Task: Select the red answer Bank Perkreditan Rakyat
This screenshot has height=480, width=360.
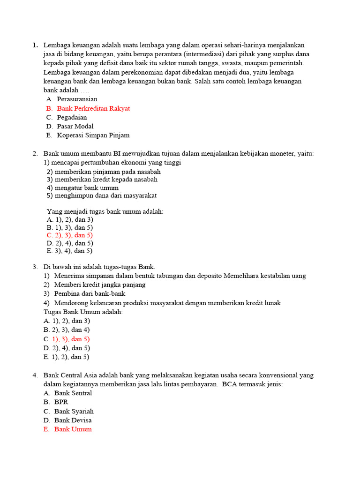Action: pos(93,108)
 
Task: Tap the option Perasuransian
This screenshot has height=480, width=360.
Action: pos(77,99)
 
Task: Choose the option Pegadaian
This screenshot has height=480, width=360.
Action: pos(72,117)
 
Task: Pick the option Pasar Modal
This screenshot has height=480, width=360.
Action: pos(75,126)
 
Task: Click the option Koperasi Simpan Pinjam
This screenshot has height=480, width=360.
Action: pos(93,135)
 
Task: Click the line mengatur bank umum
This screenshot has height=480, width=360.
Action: pos(82,187)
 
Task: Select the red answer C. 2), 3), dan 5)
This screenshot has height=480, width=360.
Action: pos(70,235)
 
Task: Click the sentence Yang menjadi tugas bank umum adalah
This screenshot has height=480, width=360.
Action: pos(105,211)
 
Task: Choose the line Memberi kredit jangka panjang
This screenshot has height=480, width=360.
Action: pos(100,285)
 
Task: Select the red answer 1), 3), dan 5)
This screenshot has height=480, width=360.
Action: pos(71,338)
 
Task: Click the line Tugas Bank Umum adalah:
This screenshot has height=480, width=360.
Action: pos(83,312)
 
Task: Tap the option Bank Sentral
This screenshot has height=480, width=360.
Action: pos(73,393)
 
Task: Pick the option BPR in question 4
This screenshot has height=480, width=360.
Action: pos(61,402)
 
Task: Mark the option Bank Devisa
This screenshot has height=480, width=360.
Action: pos(73,420)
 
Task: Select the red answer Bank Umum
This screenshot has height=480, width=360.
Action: pos(73,429)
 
